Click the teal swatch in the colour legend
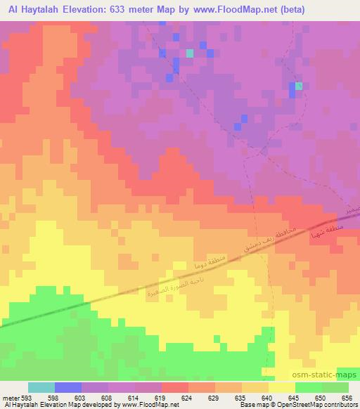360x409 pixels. [41, 388]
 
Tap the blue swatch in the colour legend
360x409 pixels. [68, 388]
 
